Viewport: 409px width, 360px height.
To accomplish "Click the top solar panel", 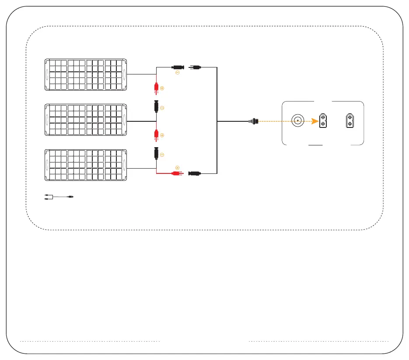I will tap(86, 74).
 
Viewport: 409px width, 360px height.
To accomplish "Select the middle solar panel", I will tap(86, 119).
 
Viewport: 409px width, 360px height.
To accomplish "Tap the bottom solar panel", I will tap(86, 165).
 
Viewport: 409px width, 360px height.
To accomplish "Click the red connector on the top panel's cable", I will tap(155, 89).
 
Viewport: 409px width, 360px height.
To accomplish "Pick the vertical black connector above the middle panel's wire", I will tap(156, 107).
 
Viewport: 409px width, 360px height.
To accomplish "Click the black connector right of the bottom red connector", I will tap(194, 173).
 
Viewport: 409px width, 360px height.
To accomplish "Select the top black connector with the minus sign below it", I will tap(178, 67).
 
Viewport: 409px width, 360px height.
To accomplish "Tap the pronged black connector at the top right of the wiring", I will tap(195, 67).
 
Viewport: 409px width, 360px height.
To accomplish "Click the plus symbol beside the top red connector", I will tap(162, 88).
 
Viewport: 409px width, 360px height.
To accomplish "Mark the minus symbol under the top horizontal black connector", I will tap(177, 73).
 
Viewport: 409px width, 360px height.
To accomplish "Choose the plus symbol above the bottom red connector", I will tap(177, 167).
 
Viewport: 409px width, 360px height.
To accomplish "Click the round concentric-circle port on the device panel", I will tap(298, 120).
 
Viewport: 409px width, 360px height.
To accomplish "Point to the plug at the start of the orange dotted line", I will tap(254, 120).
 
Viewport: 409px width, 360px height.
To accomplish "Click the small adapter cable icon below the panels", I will tap(59, 198).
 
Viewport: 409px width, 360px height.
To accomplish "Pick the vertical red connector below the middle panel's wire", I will tap(155, 136).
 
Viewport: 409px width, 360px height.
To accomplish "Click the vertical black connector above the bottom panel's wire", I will tap(156, 154).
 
